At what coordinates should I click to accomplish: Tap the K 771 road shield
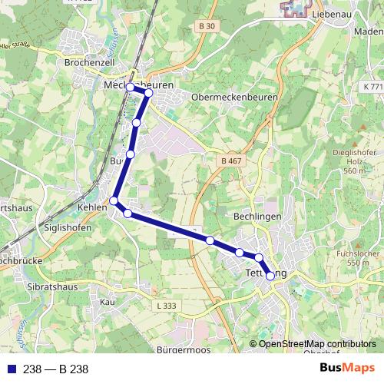373,88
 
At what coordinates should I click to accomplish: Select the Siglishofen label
68,228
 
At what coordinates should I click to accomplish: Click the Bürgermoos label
184,350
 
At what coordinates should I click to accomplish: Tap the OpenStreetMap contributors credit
317,344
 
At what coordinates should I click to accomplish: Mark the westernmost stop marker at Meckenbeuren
130,87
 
